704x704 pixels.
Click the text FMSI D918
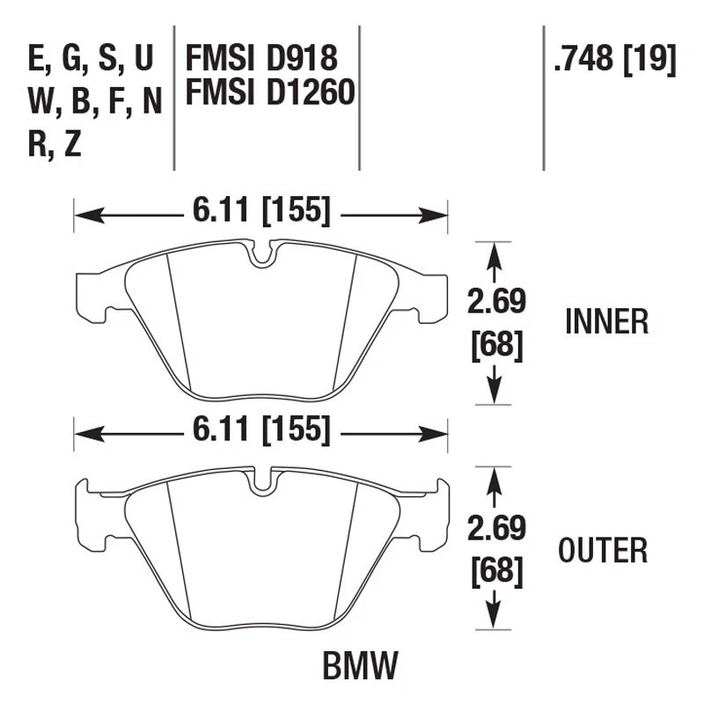pos(260,59)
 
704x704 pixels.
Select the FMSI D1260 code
pos(269,93)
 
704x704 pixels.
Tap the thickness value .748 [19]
pos(613,59)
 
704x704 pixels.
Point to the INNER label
pos(606,322)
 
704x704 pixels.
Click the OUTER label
pos(603,551)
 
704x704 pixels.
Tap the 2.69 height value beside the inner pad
pos(496,302)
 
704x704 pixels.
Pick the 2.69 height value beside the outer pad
pos(496,530)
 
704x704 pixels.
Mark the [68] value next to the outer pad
pos(496,571)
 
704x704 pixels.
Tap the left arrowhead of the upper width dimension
pos(84,214)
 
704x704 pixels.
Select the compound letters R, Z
pos(55,144)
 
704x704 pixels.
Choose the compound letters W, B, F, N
pos(96,102)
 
